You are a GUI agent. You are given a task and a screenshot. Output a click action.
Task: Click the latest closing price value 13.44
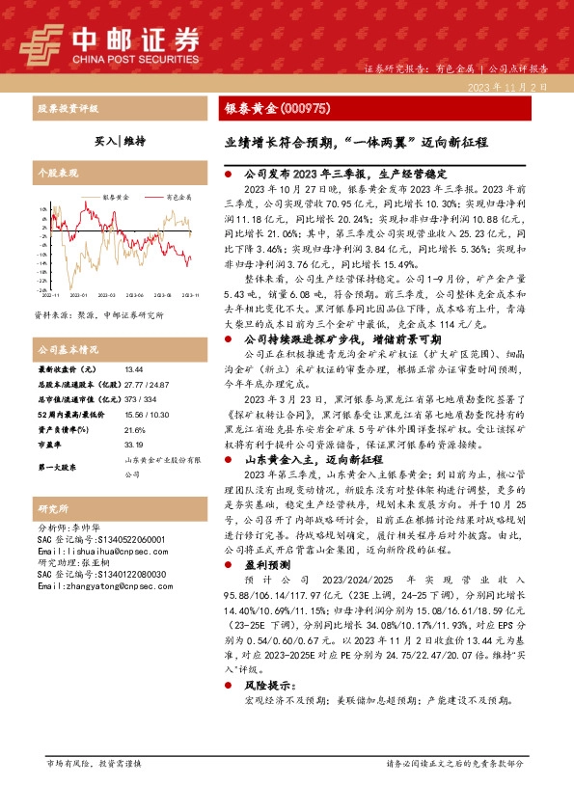133,368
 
